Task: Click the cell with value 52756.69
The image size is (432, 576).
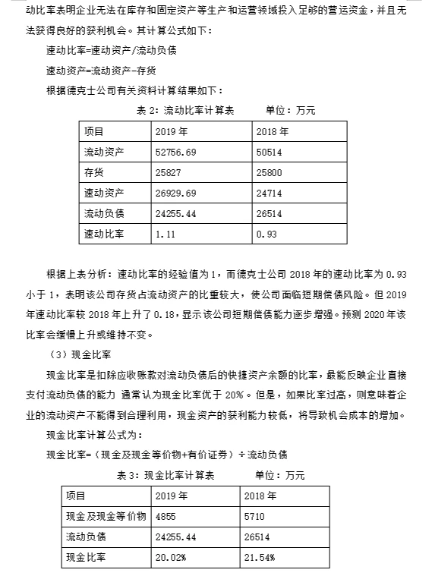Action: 176,153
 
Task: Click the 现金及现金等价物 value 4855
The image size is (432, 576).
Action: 166,516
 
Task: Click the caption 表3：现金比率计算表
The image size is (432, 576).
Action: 166,475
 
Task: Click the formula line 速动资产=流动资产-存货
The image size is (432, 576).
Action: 101,71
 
